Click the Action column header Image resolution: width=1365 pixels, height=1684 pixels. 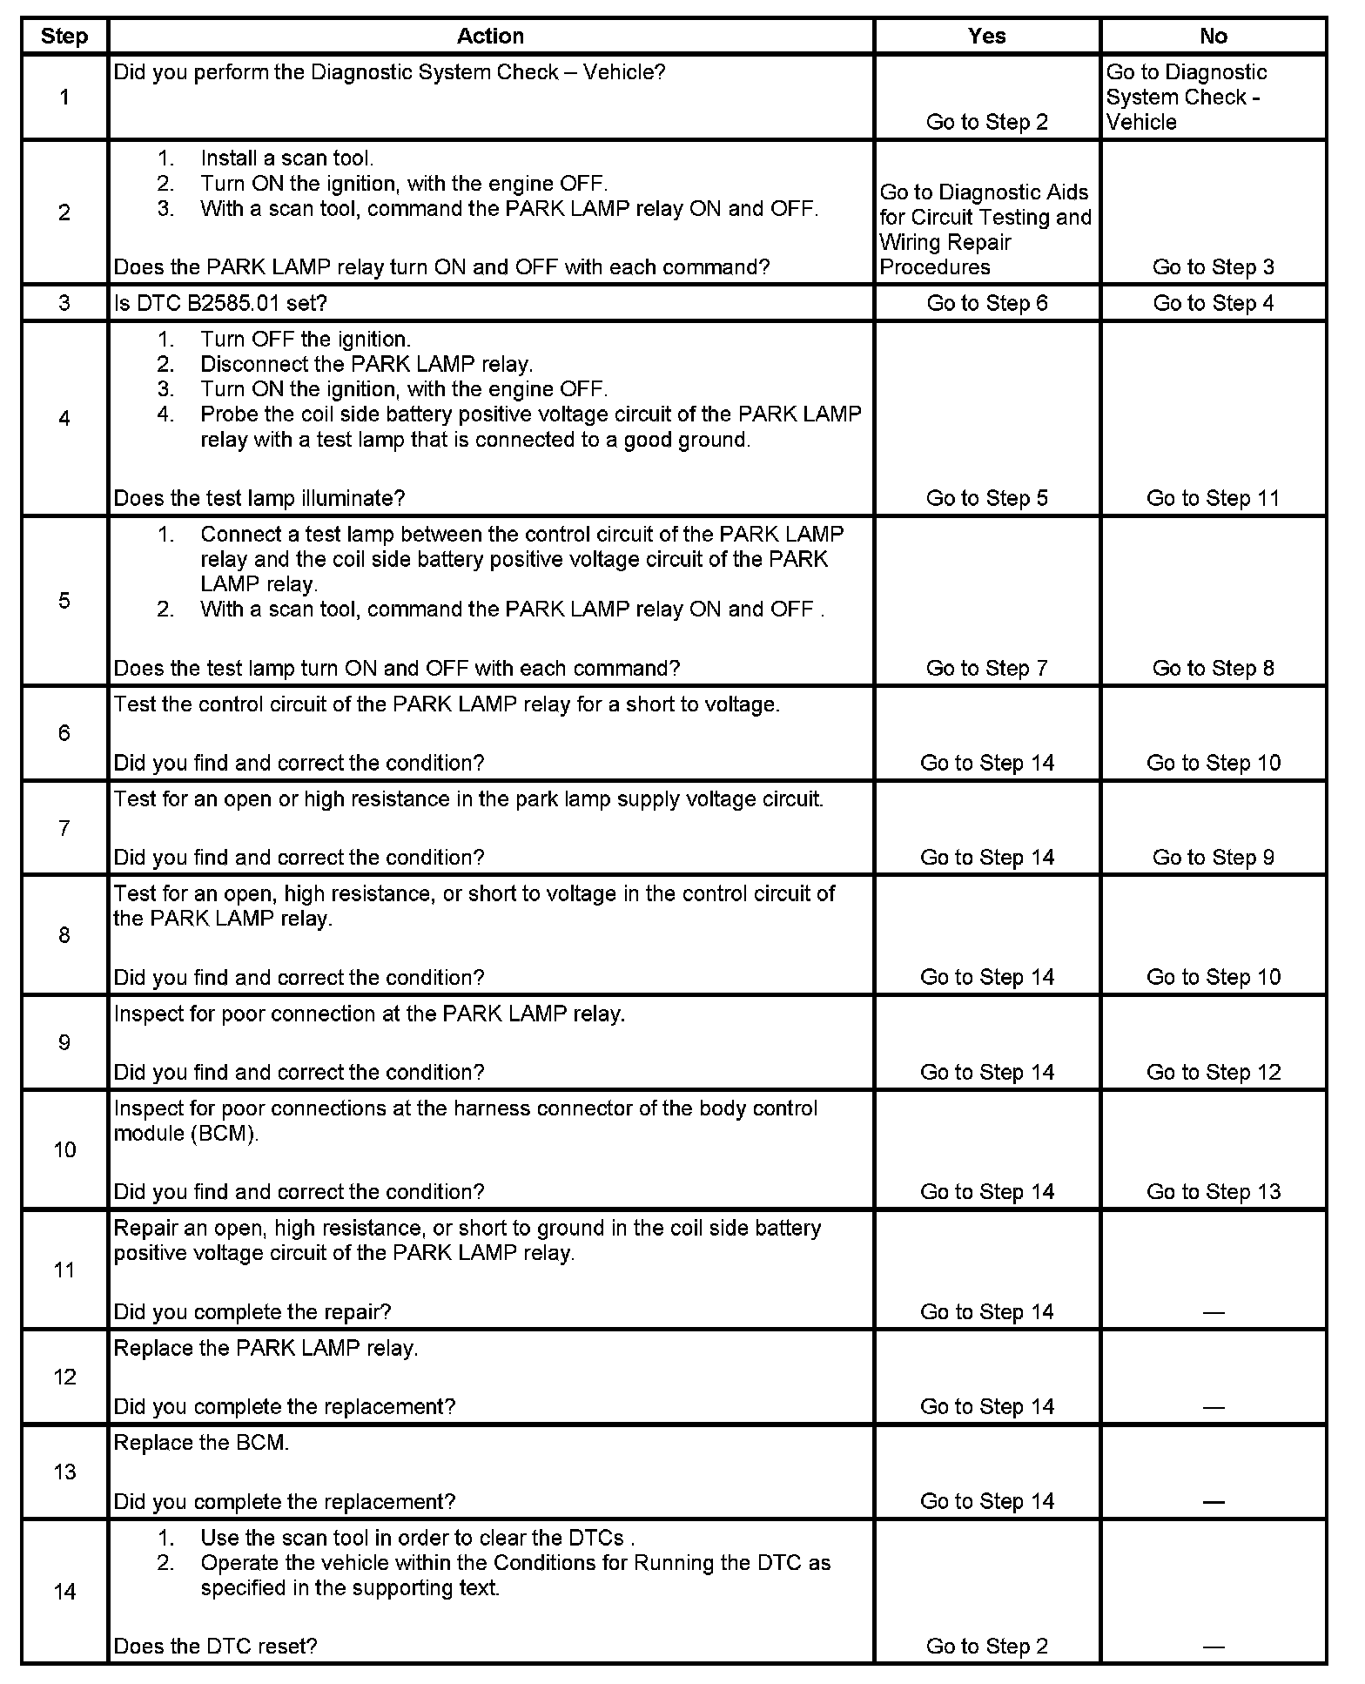click(x=490, y=36)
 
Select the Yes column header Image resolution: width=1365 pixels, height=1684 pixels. click(x=986, y=36)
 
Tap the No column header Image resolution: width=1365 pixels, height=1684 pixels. click(x=1213, y=36)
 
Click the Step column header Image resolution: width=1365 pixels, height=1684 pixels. click(x=64, y=36)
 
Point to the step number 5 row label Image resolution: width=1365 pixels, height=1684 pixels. click(x=64, y=601)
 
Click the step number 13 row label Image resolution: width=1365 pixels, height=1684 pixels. click(x=64, y=1472)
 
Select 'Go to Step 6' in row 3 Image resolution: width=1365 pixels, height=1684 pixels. click(x=986, y=303)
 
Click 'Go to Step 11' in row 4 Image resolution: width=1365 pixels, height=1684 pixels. click(x=1213, y=498)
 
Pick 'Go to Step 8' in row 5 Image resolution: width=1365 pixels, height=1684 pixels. click(x=1213, y=668)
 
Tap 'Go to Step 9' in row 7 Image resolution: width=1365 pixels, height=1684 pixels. click(x=1213, y=858)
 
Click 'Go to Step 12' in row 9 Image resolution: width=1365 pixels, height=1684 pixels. click(x=1213, y=1072)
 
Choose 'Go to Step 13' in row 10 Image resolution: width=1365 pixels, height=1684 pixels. click(x=1213, y=1191)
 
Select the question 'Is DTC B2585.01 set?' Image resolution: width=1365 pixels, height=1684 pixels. click(x=220, y=303)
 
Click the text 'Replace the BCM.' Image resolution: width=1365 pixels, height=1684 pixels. click(x=201, y=1443)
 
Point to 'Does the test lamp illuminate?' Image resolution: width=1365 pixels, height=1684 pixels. click(x=259, y=498)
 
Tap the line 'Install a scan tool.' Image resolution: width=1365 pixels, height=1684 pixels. click(x=286, y=158)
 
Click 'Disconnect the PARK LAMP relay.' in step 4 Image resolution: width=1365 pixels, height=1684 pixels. click(x=366, y=364)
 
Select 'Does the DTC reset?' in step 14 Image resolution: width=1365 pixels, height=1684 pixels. click(x=215, y=1646)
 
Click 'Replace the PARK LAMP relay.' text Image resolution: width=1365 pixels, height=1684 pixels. click(x=266, y=1348)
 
